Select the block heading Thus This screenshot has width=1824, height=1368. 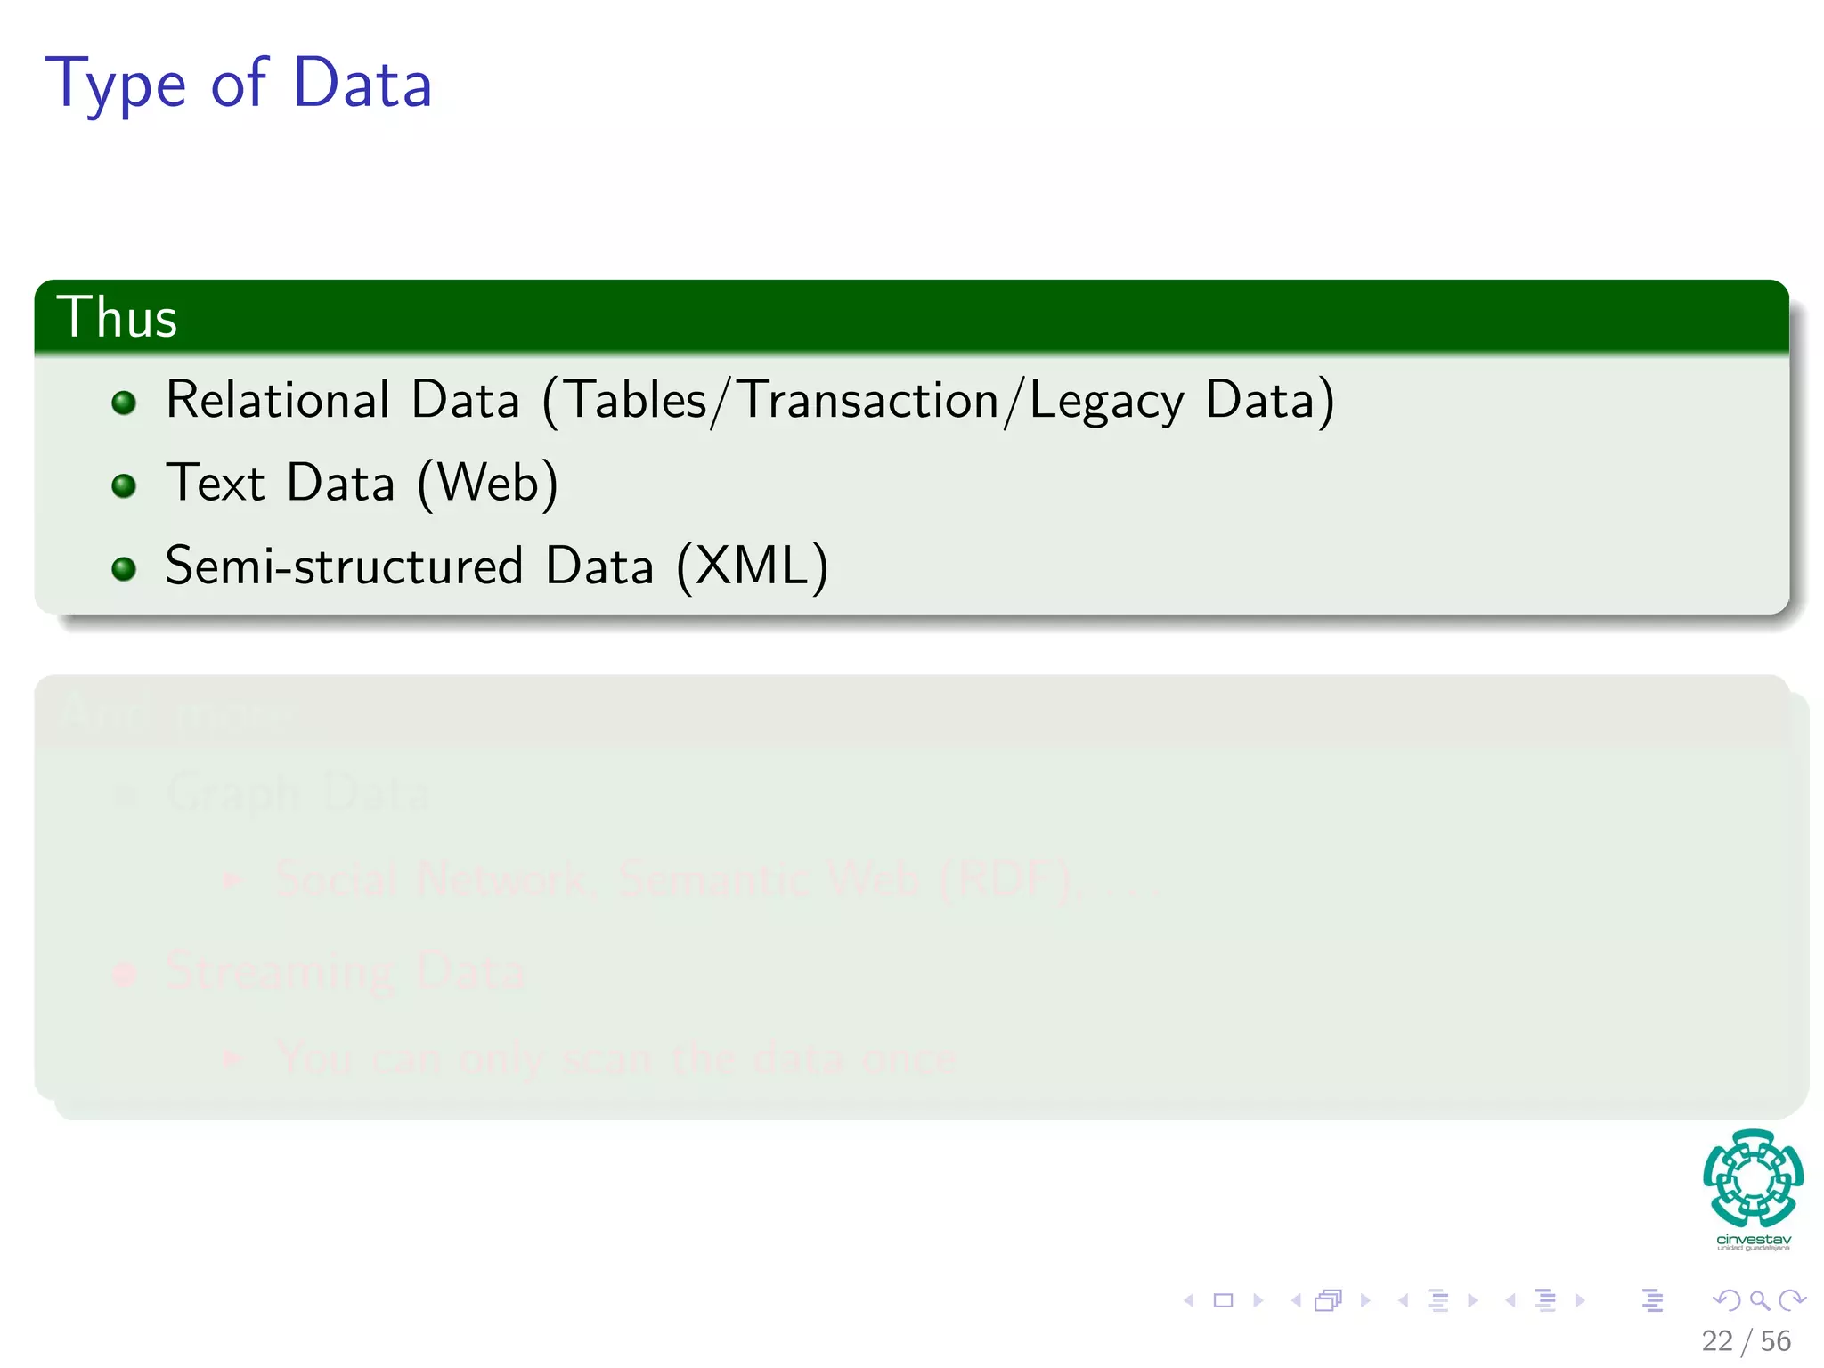point(117,317)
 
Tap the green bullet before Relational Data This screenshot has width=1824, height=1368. point(124,403)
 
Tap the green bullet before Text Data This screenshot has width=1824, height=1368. point(124,485)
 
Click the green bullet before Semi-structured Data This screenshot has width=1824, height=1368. point(124,568)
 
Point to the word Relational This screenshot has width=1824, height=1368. point(278,399)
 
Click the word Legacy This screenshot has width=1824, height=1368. point(1106,401)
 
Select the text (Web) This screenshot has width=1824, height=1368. point(488,484)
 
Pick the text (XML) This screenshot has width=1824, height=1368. point(753,566)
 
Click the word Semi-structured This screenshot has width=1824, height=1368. point(344,566)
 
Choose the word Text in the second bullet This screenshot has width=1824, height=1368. point(216,484)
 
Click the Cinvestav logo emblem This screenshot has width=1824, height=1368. point(1753,1177)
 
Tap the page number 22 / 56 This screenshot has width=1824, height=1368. point(1746,1340)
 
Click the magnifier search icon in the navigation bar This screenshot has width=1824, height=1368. point(1759,1300)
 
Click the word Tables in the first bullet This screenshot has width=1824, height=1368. point(636,399)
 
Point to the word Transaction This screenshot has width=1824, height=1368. point(869,399)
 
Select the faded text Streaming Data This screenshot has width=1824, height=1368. point(345,971)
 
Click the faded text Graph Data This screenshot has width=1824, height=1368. point(297,793)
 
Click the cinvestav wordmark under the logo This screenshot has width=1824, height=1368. point(1753,1240)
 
